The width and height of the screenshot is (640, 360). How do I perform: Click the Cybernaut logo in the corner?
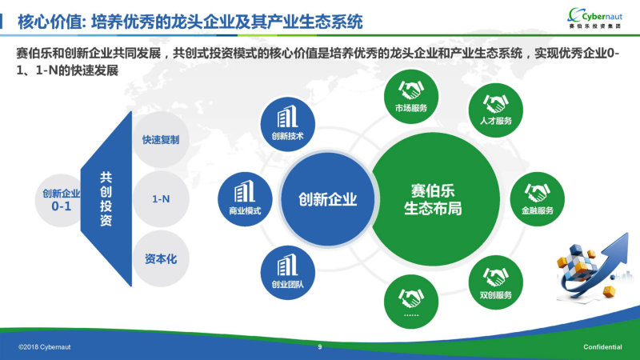(595, 18)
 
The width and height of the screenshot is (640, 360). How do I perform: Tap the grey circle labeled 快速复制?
(161, 139)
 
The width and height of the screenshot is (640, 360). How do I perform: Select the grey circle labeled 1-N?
(161, 199)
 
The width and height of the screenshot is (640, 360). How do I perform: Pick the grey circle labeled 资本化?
(161, 258)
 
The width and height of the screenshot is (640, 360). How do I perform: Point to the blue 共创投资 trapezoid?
(107, 198)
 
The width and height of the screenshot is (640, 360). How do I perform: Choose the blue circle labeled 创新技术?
(288, 124)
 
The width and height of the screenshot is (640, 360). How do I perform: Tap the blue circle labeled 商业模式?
(245, 199)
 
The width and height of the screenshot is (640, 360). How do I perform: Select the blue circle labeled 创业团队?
(288, 273)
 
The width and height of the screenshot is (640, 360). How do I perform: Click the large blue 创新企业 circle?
(327, 199)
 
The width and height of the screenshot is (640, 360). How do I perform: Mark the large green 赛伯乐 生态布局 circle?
(433, 199)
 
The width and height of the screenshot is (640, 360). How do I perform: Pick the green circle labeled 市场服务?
(411, 97)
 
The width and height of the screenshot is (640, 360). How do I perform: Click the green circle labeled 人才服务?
(495, 110)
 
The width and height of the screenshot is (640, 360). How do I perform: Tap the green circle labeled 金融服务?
(537, 199)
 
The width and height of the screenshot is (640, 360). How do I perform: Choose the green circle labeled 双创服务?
(495, 282)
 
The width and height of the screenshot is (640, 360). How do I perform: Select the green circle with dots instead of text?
(411, 302)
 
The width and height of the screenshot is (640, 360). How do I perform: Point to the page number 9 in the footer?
(320, 347)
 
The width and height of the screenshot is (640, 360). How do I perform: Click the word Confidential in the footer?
(602, 347)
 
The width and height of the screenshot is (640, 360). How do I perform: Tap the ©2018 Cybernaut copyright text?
(45, 347)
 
